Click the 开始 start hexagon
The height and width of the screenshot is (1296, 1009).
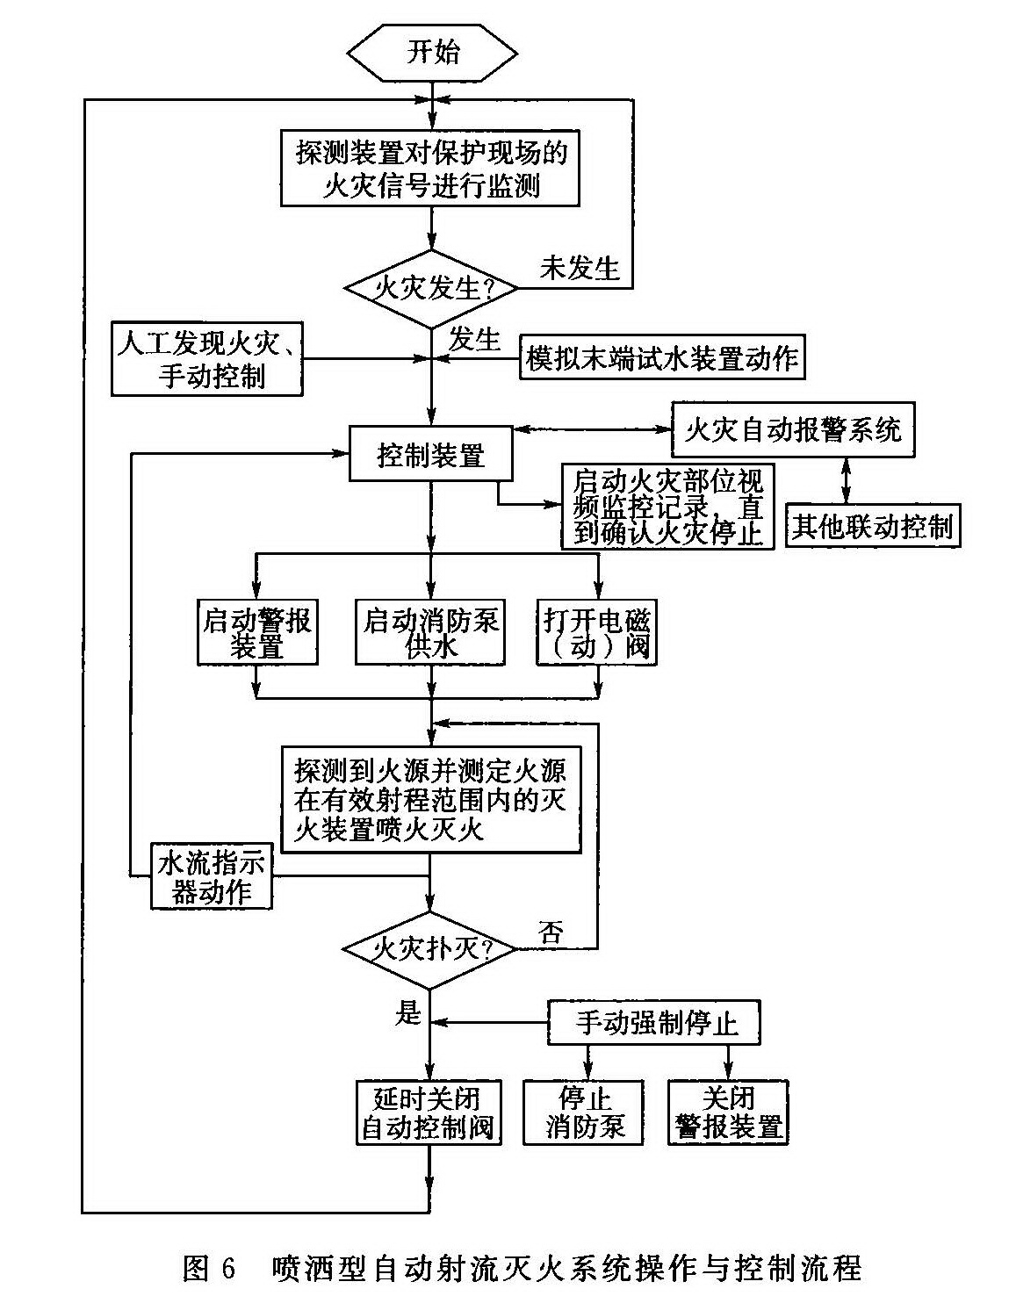click(431, 52)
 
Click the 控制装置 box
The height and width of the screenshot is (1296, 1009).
click(430, 454)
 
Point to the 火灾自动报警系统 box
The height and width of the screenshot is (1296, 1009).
click(792, 430)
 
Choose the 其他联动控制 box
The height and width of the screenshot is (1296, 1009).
click(872, 526)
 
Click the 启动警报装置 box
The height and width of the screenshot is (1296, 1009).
click(256, 632)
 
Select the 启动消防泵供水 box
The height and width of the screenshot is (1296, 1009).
click(430, 632)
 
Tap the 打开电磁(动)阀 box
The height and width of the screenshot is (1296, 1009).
click(596, 632)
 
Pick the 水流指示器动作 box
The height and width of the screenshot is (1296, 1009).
click(211, 876)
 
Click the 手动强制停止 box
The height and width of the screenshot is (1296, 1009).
click(654, 1023)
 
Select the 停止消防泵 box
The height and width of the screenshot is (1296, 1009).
click(584, 1112)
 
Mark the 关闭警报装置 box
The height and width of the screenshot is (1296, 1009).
click(728, 1112)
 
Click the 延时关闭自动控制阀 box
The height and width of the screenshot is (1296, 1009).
click(429, 1112)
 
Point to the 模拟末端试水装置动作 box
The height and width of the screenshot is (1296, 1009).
click(662, 358)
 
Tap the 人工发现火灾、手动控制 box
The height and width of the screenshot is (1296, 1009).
click(208, 358)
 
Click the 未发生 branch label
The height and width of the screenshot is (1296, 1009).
click(580, 267)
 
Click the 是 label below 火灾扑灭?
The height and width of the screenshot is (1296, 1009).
click(408, 1014)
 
